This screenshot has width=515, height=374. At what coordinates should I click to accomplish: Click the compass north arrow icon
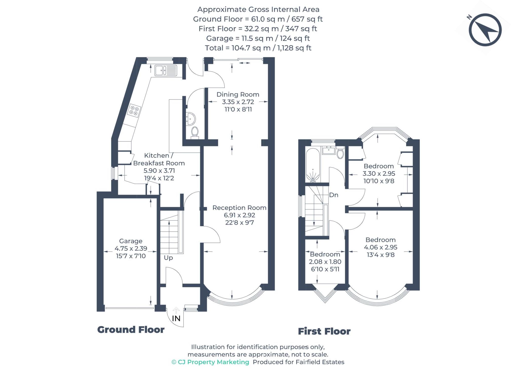click(x=485, y=30)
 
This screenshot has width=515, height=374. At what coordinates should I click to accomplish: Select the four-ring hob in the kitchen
click(x=134, y=111)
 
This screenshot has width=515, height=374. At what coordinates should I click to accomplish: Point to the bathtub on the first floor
click(x=313, y=165)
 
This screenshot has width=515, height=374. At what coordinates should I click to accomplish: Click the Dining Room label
click(x=238, y=95)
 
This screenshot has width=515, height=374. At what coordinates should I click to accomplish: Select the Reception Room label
click(x=239, y=208)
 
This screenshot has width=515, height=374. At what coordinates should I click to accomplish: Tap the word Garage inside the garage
click(x=131, y=241)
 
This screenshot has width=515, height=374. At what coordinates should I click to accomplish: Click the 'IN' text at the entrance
click(x=176, y=318)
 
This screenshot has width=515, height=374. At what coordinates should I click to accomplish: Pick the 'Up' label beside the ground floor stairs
click(x=168, y=258)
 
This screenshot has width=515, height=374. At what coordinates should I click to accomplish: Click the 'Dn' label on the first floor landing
click(x=334, y=195)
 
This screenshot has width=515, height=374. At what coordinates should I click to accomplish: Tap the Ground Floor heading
click(x=131, y=330)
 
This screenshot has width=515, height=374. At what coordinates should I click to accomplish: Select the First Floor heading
click(x=324, y=331)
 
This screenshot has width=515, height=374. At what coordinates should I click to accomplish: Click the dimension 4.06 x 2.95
click(x=380, y=247)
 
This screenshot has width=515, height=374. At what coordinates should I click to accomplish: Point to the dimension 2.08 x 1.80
click(x=325, y=262)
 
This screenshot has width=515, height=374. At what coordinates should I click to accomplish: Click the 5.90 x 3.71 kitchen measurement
click(x=159, y=171)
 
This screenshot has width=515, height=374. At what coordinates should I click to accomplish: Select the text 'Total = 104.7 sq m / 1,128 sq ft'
click(x=258, y=48)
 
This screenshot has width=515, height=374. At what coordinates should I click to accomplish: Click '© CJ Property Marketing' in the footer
click(x=210, y=362)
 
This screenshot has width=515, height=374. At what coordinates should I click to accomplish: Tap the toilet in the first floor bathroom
click(x=340, y=153)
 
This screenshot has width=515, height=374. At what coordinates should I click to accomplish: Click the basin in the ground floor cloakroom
click(x=191, y=118)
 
